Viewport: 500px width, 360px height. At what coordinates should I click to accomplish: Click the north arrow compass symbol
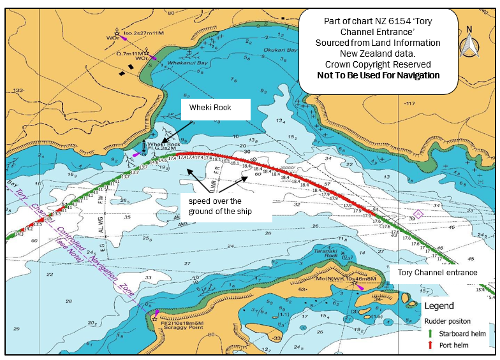[470, 43]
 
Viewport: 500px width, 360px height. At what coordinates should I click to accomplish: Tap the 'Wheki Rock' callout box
[215, 108]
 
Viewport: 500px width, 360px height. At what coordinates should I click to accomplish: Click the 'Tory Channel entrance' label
[437, 272]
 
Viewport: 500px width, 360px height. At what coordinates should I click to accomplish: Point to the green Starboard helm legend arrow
[430, 333]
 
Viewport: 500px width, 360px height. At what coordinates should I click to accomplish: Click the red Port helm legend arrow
[430, 345]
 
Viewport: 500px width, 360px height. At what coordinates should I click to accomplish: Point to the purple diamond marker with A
[418, 213]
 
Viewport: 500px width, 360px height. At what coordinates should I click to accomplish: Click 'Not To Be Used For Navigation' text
[378, 75]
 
